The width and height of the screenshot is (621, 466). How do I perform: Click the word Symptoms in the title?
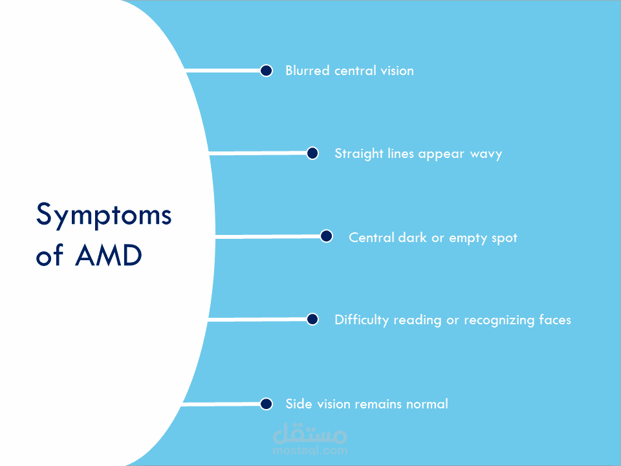click(103, 215)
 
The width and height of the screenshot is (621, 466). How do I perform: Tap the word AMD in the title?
click(109, 255)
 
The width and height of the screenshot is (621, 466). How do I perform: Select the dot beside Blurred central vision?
click(266, 71)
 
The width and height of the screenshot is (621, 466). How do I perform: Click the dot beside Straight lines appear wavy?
click(312, 153)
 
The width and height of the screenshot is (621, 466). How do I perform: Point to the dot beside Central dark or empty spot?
click(326, 236)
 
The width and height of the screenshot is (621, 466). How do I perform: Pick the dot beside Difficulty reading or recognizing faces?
click(312, 319)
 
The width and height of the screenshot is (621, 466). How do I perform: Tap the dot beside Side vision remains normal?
click(266, 404)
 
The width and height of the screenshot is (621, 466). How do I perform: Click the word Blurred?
click(308, 71)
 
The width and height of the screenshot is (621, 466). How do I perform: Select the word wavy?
click(486, 154)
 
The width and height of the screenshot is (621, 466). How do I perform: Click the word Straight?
click(359, 154)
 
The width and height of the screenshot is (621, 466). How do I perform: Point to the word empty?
click(468, 238)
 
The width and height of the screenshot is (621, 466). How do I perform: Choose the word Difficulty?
click(362, 320)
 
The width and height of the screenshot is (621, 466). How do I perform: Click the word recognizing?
click(499, 320)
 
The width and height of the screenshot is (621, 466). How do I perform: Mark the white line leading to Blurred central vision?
click(223, 71)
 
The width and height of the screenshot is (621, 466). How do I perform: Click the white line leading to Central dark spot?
click(268, 237)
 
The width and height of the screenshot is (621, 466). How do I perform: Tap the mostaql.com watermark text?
click(310, 450)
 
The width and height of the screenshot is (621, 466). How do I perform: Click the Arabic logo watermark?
click(310, 433)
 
